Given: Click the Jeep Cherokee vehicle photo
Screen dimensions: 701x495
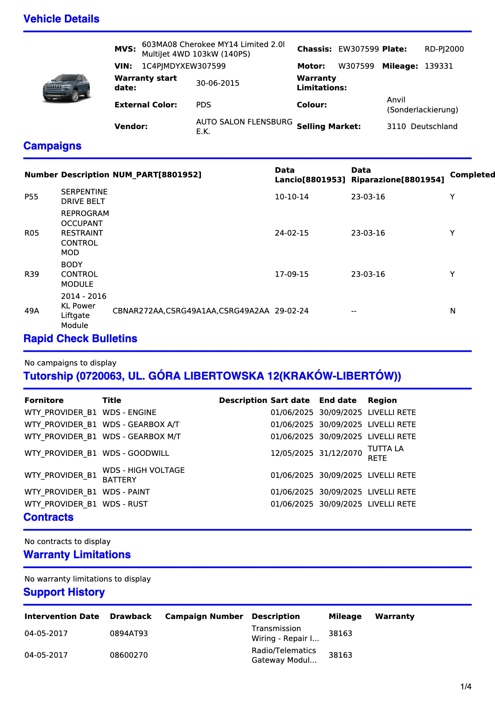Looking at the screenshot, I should coord(67,88).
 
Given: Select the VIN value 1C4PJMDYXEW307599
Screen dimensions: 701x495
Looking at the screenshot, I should coord(183,66).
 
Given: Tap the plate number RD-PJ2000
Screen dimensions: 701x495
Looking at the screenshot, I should coord(444,49).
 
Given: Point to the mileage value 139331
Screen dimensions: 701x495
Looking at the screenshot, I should coord(438,66).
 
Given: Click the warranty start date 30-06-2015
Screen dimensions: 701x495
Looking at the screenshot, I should coord(218,83).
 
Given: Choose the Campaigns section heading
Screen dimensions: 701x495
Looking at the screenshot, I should coord(52,146).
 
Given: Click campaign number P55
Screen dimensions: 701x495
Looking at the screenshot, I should coord(31,197).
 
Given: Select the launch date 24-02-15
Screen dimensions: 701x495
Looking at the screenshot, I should coord(292,233).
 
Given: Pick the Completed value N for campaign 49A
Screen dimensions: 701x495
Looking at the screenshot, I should coord(453,311).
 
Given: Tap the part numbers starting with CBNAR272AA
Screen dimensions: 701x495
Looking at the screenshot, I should coord(191,311).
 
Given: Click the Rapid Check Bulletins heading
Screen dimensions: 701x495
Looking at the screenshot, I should coord(80,339).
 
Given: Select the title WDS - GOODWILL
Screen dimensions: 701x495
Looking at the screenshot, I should coord(136,453).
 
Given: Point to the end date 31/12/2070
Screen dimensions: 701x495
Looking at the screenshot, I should coord(340,453).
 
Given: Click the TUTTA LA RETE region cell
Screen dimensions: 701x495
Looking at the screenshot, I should coord(385,453).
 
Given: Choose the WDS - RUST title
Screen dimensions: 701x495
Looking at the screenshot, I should coord(125,504).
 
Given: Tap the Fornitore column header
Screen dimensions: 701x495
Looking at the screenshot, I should coord(44,400).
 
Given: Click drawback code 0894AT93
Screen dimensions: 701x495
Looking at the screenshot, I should coord(129,634).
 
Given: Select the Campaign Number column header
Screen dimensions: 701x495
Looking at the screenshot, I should coord(204,616).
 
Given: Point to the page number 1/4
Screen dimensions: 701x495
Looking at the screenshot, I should coord(465,687).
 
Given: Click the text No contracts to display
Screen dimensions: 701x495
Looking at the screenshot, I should coord(67,542).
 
